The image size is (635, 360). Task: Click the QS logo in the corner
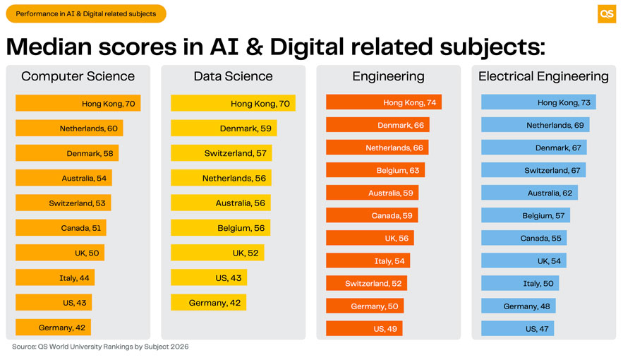click(x=606, y=14)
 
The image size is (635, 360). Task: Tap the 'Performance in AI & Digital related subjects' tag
click(x=86, y=13)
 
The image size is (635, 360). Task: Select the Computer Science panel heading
click(x=78, y=76)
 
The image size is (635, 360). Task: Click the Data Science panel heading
click(x=233, y=76)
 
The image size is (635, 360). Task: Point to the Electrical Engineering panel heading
click(x=543, y=76)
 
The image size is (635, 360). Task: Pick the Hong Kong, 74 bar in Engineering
click(x=383, y=102)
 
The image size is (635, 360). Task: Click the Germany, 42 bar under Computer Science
click(x=54, y=328)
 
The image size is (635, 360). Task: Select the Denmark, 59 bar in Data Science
click(x=224, y=128)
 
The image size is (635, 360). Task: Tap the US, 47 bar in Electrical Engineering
click(x=517, y=329)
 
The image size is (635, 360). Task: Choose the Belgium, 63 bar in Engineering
click(x=375, y=170)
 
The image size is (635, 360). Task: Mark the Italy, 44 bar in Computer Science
click(x=55, y=278)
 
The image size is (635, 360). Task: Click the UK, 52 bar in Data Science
click(x=217, y=253)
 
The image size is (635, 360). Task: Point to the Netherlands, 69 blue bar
click(x=535, y=125)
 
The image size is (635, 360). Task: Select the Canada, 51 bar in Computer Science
click(x=61, y=228)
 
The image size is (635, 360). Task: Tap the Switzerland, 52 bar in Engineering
click(x=366, y=283)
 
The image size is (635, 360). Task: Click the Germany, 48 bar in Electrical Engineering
click(x=518, y=306)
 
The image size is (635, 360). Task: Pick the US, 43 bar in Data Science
click(x=209, y=277)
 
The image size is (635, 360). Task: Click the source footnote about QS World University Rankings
click(x=100, y=347)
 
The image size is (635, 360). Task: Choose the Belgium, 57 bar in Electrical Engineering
click(x=525, y=215)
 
